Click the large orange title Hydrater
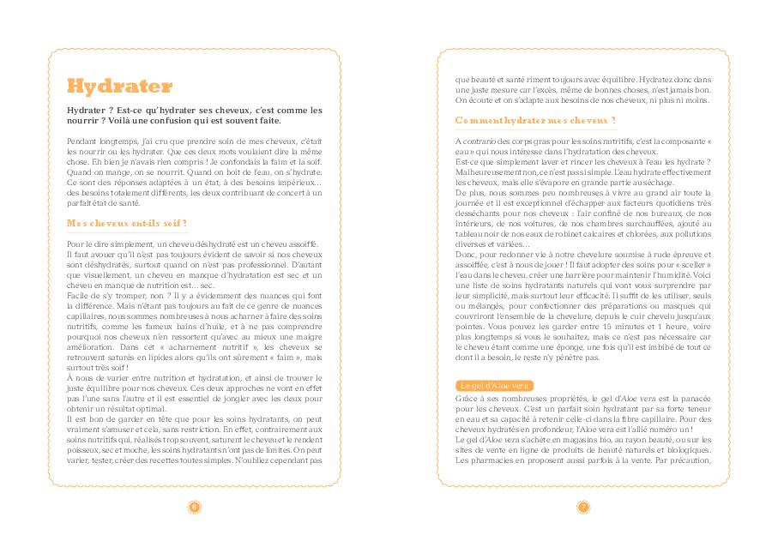(x=119, y=87)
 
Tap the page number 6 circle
(x=194, y=507)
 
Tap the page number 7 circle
(x=583, y=507)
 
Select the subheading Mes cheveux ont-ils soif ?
(x=127, y=223)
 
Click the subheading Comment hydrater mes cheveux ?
(x=535, y=120)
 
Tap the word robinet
(x=559, y=234)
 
